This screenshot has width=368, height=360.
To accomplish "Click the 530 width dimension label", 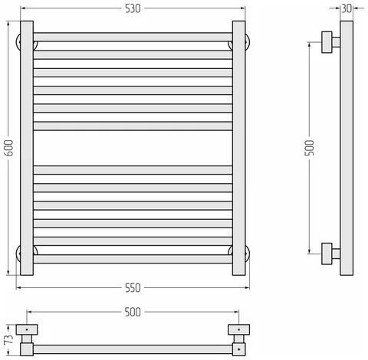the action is click(x=133, y=8).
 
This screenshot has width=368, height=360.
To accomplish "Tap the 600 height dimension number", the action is click(x=9, y=148).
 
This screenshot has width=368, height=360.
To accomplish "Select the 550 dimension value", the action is click(x=133, y=288).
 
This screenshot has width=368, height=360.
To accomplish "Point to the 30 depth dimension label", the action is click(x=347, y=8).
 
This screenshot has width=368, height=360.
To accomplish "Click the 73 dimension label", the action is click(x=9, y=339).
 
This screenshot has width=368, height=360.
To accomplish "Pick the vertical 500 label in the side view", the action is click(x=309, y=148).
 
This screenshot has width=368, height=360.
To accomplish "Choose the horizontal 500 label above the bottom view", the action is click(x=133, y=312).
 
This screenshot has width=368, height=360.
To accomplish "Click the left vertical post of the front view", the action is click(x=27, y=148).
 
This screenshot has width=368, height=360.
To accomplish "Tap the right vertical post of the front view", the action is click(x=238, y=148).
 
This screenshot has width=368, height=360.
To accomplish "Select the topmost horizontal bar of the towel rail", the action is click(x=133, y=37).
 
